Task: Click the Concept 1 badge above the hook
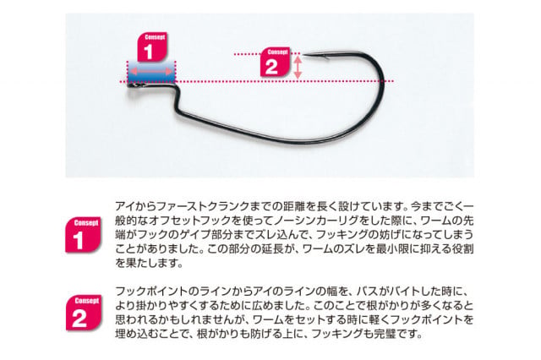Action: (x=152, y=46)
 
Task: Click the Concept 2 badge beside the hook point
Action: (x=275, y=62)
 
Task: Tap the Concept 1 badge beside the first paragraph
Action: (x=83, y=235)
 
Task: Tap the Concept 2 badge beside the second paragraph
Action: (x=84, y=313)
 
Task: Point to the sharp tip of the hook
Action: (x=304, y=55)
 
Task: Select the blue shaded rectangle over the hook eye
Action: (x=151, y=72)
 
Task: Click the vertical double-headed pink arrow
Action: (x=298, y=68)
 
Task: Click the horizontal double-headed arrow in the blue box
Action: (x=151, y=71)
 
